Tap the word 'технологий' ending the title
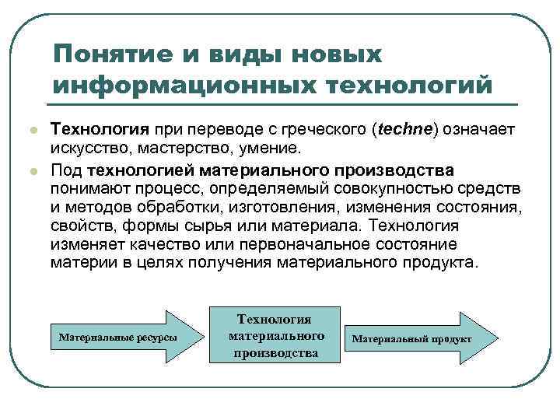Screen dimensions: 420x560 [x=420, y=83]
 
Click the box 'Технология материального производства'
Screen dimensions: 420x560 [x=275, y=337]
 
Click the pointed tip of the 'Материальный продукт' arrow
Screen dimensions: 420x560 [x=490, y=339]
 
